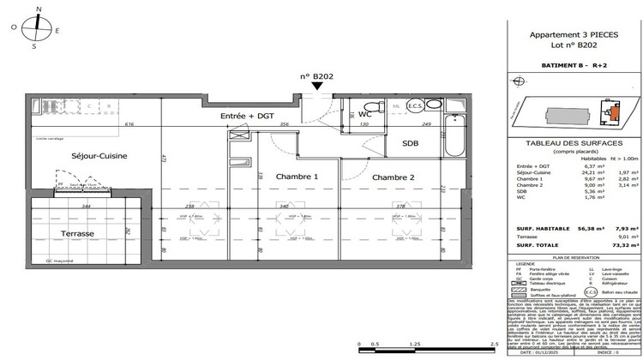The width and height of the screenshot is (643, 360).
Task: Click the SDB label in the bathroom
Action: (x=412, y=144)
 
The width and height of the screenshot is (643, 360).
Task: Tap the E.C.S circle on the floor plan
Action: (x=414, y=106)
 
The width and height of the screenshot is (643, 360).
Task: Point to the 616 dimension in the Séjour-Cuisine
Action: (x=129, y=125)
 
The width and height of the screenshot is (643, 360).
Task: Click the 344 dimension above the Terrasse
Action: (x=86, y=207)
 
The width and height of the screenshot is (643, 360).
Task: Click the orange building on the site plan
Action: (x=613, y=111)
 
